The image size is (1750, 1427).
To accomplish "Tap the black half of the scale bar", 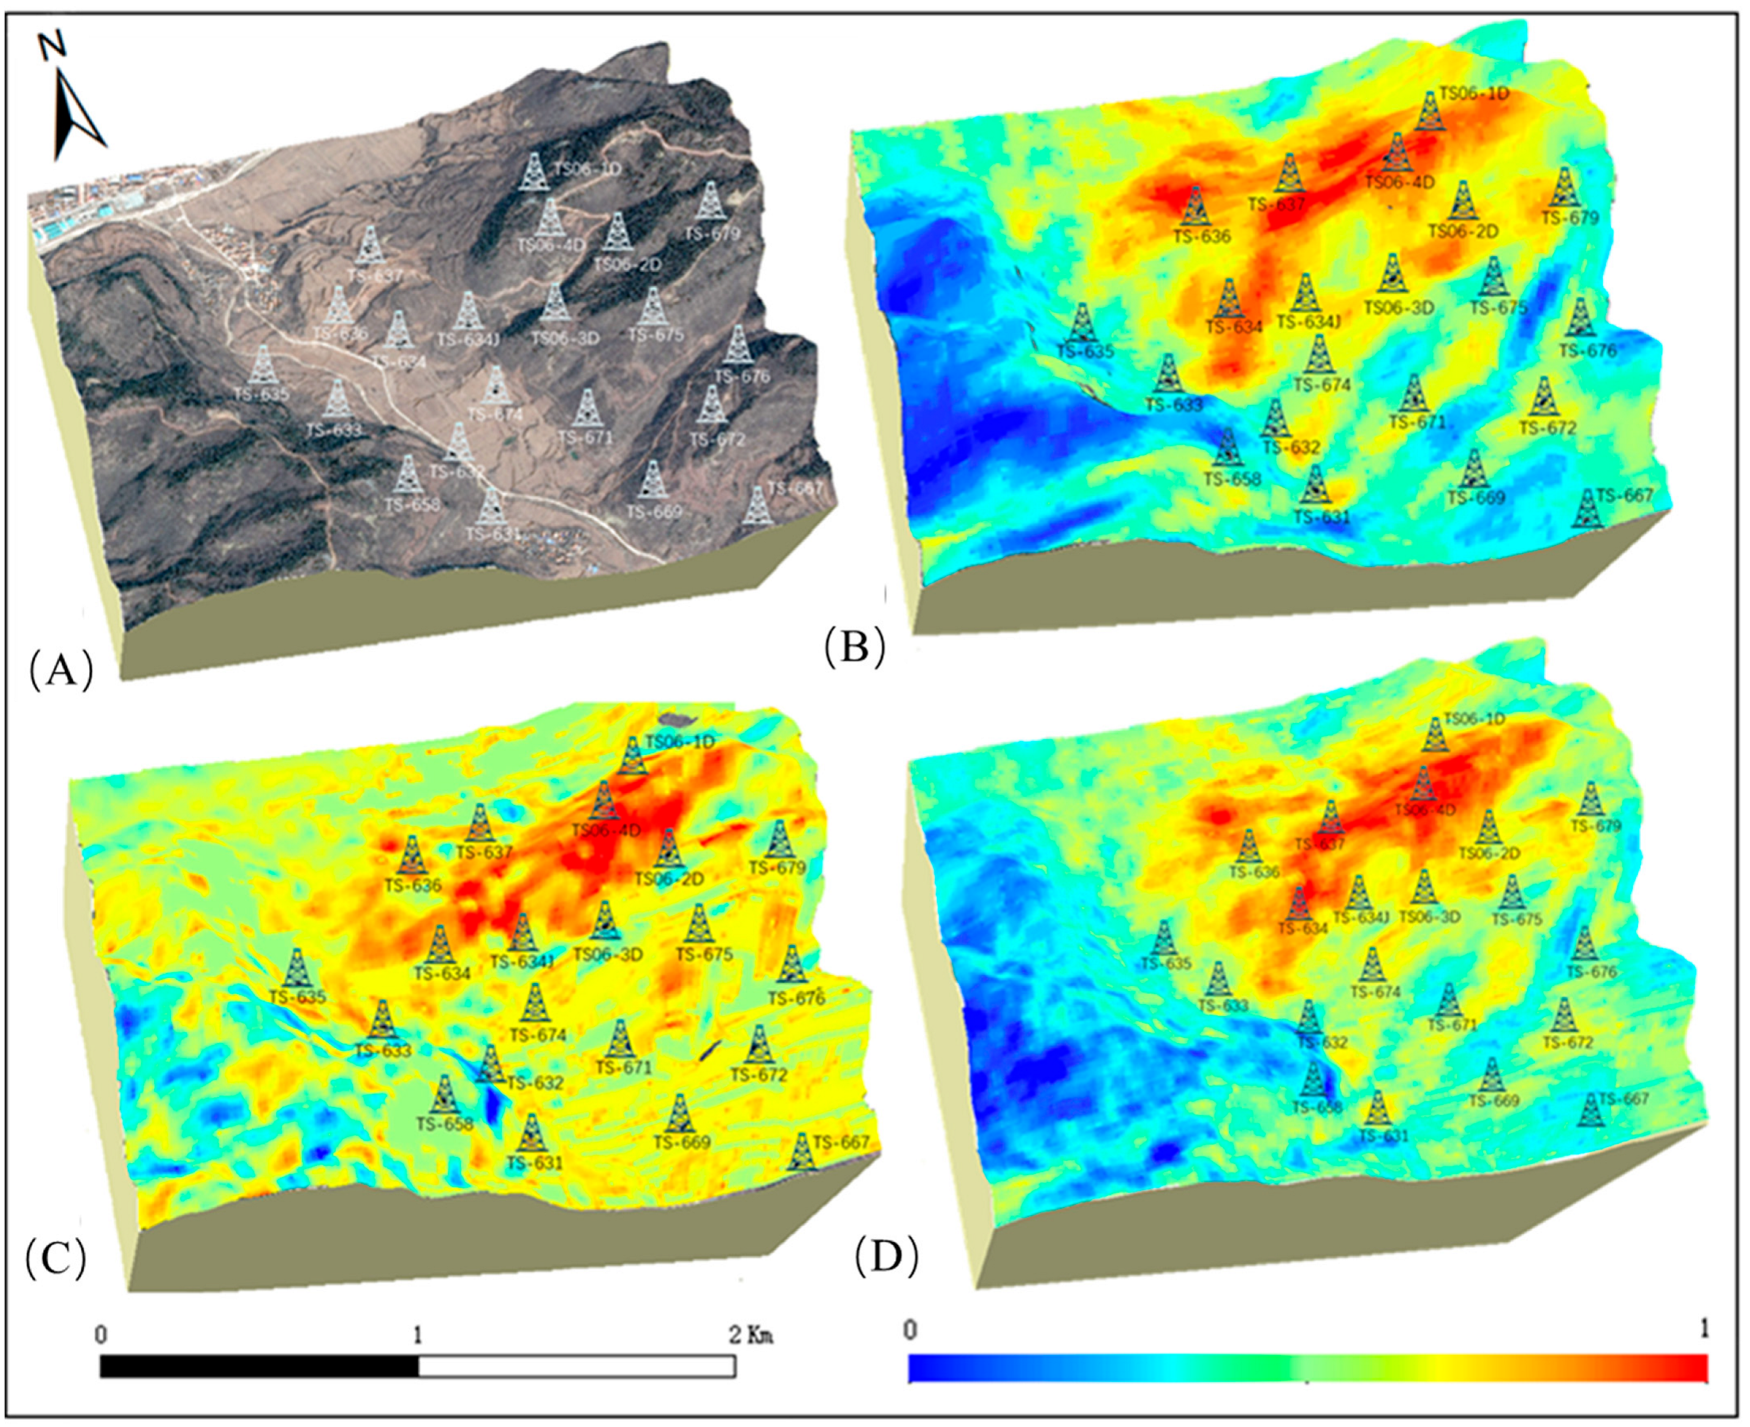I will tap(259, 1366).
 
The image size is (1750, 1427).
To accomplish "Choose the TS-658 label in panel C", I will tap(445, 1124).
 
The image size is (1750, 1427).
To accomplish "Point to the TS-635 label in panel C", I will tap(298, 997).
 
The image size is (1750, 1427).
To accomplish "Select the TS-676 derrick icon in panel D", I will tap(1585, 943).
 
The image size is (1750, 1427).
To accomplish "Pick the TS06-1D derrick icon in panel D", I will tap(1435, 735).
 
